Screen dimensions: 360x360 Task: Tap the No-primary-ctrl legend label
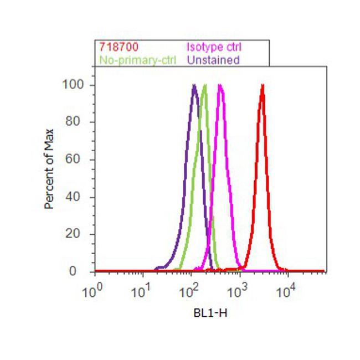pyautogui.click(x=136, y=59)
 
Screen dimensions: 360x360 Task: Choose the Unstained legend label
pyautogui.click(x=213, y=59)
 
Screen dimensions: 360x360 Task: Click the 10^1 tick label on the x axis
pyautogui.click(x=141, y=290)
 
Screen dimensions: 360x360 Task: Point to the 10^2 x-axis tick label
pyautogui.click(x=189, y=290)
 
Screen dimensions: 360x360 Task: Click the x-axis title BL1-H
pyautogui.click(x=210, y=313)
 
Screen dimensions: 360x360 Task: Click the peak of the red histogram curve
pyautogui.click(x=262, y=85)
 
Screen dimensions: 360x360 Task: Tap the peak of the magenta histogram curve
pyautogui.click(x=220, y=85)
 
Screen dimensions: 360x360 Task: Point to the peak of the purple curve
pyautogui.click(x=194, y=85)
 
